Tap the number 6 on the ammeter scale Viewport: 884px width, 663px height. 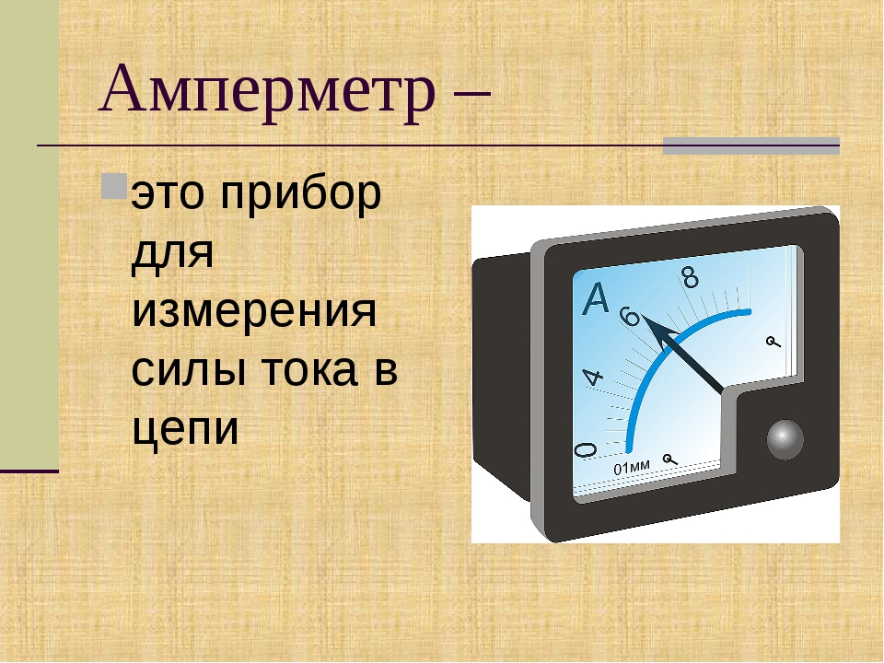coord(630,316)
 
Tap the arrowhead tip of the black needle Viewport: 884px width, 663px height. coord(646,319)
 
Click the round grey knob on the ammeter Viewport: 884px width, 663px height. coord(785,439)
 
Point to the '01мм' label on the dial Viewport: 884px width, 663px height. coord(632,469)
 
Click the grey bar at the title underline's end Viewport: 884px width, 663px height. coord(751,145)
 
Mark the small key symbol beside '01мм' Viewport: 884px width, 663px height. coord(672,458)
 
